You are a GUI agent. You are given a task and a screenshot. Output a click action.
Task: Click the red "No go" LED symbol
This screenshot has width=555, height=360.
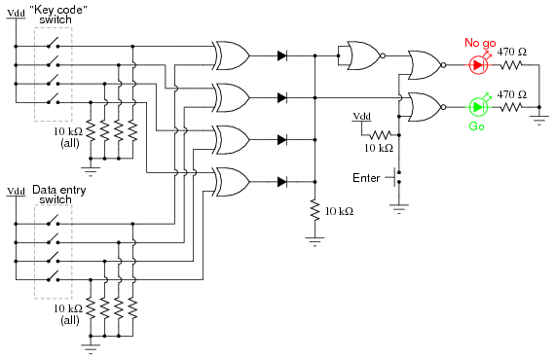[x=477, y=65]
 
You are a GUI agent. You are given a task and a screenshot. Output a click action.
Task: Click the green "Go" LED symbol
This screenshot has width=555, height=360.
[x=477, y=106]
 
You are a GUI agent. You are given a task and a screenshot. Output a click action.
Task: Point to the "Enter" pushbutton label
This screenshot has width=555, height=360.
[x=368, y=177]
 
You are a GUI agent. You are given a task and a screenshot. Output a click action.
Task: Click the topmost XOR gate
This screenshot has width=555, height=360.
[x=232, y=56]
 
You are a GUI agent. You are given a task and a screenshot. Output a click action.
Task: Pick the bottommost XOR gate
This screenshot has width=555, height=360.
[x=232, y=181]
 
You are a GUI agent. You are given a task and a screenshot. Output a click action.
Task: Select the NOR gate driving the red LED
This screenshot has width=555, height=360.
[x=424, y=65]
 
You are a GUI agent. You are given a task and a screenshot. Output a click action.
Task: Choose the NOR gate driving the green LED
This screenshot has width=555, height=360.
[x=424, y=106]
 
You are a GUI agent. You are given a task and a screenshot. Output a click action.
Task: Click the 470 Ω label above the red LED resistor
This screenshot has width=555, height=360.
[x=512, y=52]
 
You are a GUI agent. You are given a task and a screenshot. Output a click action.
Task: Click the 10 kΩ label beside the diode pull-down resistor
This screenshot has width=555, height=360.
[x=339, y=210]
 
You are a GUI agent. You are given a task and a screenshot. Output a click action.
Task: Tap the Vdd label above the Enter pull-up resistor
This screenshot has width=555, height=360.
[x=361, y=115]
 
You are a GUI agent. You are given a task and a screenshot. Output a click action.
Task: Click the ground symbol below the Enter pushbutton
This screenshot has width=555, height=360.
[x=397, y=205]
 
